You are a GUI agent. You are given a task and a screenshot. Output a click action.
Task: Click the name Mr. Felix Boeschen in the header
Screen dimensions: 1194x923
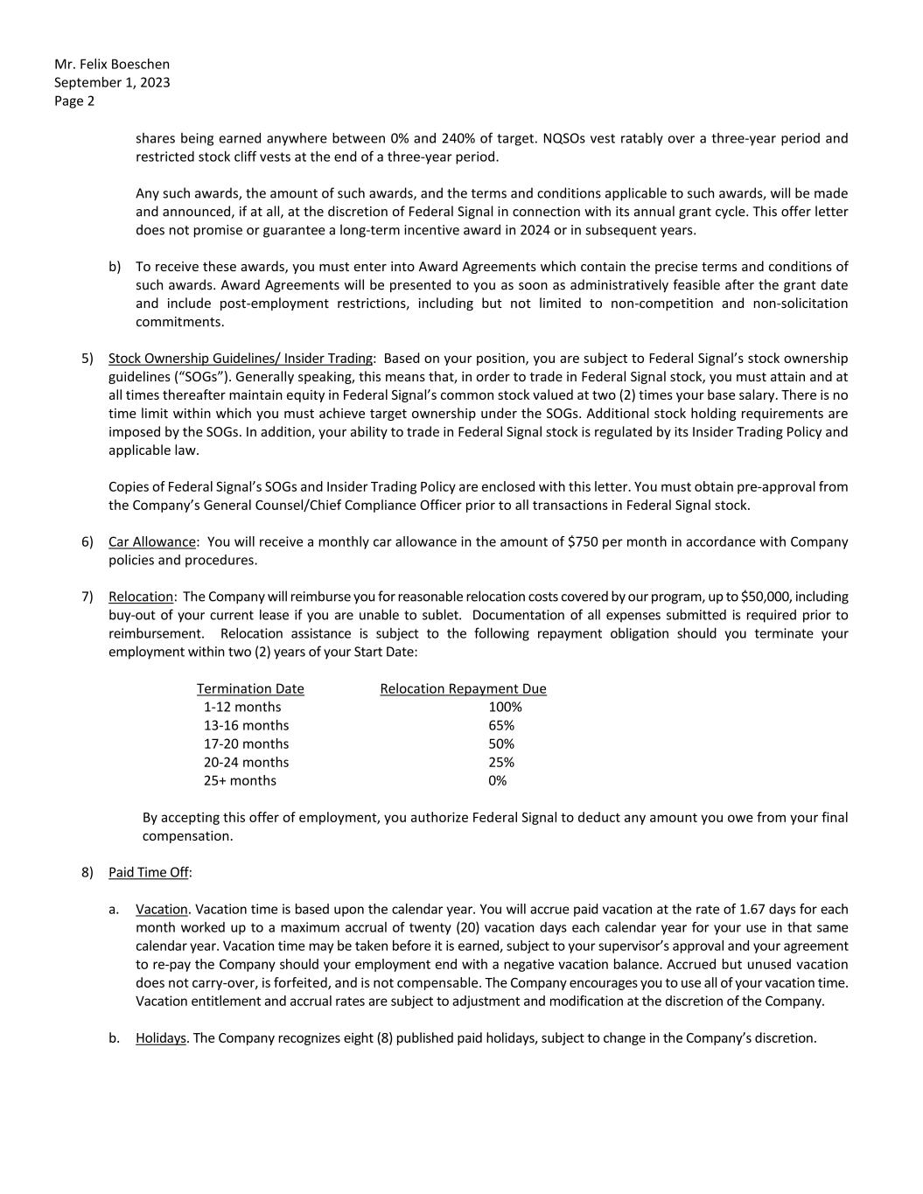(x=112, y=64)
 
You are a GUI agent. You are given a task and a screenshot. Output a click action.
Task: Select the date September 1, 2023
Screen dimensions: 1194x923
(x=112, y=82)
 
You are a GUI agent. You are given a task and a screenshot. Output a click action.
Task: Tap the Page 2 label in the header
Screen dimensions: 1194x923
(x=74, y=101)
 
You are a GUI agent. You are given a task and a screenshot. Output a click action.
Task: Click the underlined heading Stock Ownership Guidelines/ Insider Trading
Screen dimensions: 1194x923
(x=241, y=358)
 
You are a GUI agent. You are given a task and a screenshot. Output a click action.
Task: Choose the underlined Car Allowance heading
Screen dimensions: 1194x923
(x=151, y=541)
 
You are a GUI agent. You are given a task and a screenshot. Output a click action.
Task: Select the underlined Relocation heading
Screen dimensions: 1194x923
(x=141, y=597)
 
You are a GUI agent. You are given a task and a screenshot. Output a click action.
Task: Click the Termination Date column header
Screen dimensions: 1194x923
(x=250, y=688)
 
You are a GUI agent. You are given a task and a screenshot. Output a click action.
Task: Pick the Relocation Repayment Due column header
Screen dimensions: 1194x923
(x=463, y=688)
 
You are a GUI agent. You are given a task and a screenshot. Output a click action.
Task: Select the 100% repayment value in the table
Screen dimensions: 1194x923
(x=505, y=707)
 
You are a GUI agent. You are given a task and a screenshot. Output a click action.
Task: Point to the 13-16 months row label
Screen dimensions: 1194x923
(x=246, y=725)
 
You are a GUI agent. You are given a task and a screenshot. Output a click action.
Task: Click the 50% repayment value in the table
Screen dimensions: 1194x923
(x=501, y=744)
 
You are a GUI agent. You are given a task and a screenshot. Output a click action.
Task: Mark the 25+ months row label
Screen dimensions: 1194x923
(x=240, y=780)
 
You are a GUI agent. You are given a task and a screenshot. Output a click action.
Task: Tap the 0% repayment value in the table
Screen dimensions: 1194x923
(x=497, y=780)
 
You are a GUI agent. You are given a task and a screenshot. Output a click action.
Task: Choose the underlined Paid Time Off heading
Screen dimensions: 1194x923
(x=149, y=872)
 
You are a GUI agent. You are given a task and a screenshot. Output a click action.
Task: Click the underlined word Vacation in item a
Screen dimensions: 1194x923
(x=162, y=909)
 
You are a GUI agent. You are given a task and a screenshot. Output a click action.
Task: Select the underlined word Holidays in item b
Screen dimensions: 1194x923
(x=161, y=1037)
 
